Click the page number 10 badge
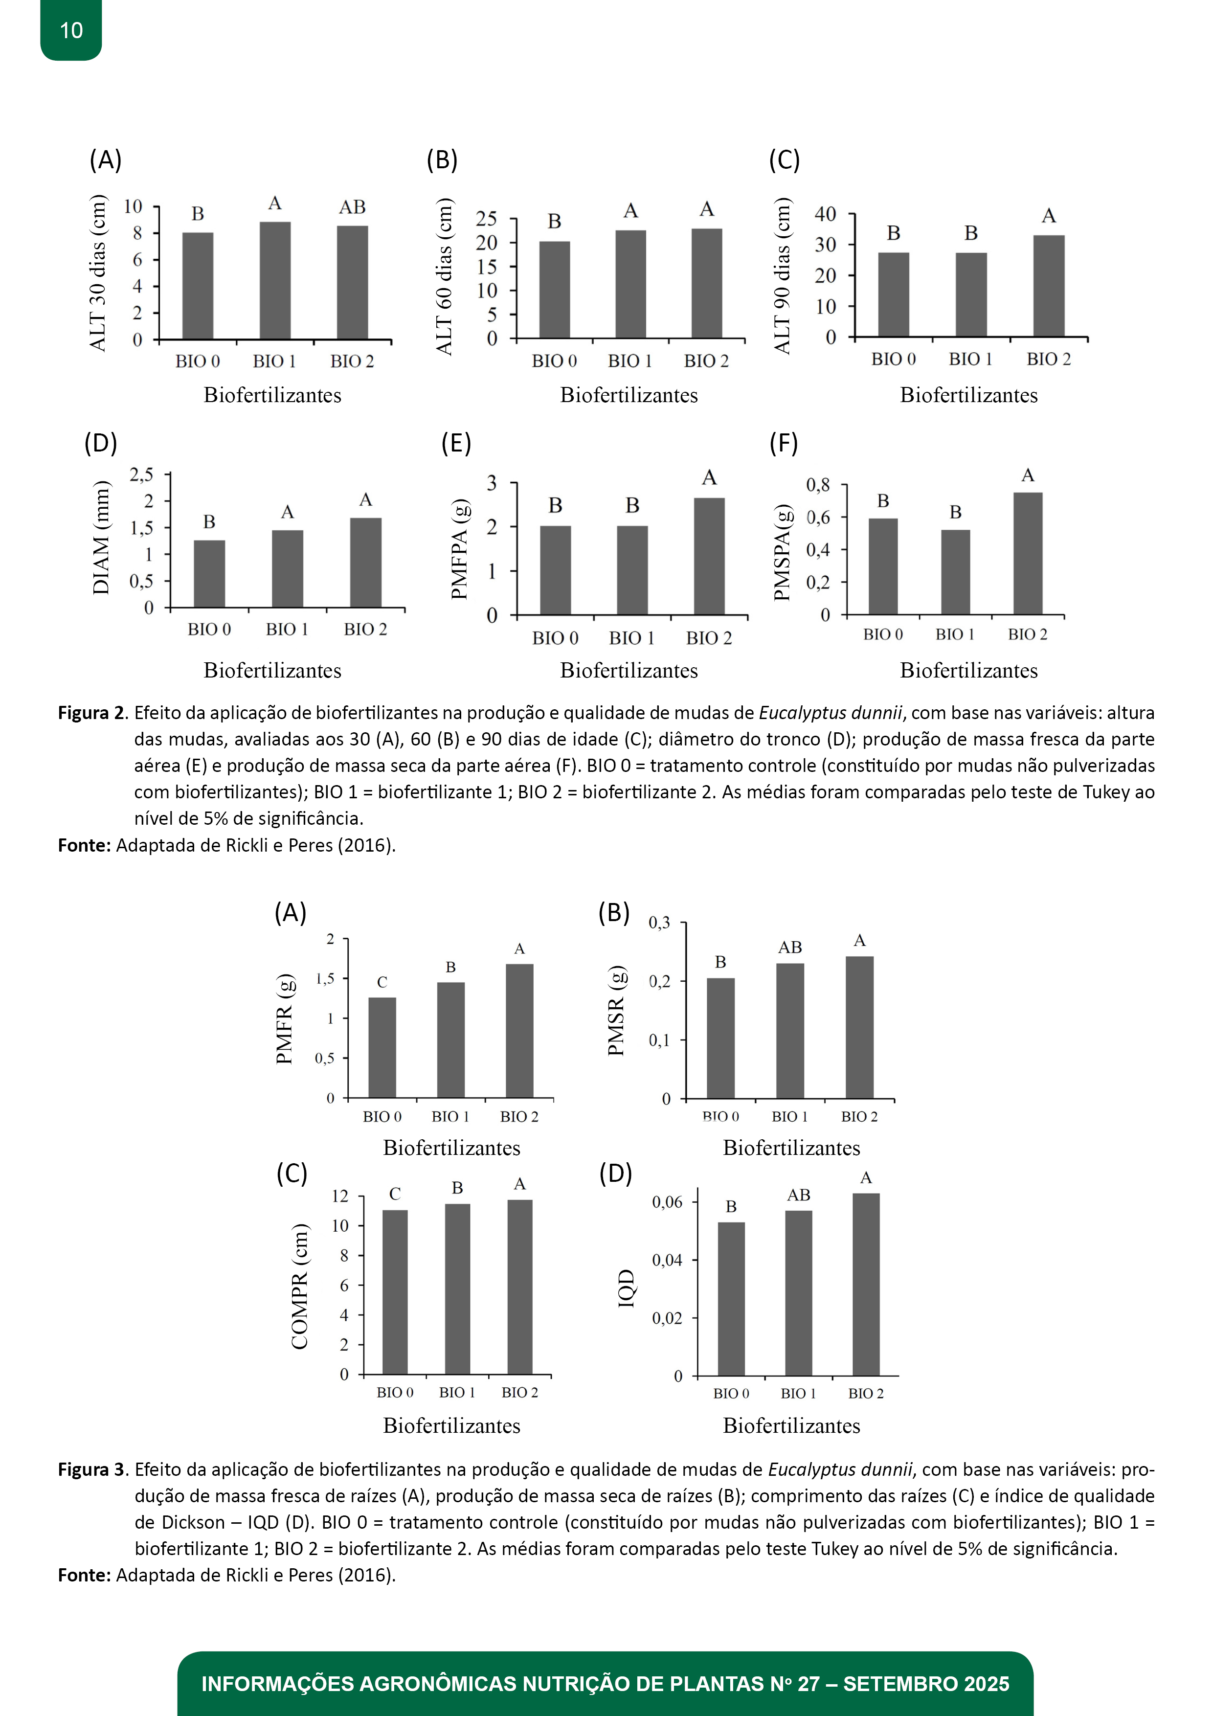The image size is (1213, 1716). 71,31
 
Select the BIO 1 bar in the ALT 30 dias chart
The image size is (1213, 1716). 275,280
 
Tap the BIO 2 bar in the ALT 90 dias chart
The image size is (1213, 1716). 1049,286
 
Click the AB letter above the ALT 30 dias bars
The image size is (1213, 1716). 352,207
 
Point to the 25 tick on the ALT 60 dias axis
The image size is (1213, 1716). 487,219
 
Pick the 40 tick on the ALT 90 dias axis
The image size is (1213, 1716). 825,214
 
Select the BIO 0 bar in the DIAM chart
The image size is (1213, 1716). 209,573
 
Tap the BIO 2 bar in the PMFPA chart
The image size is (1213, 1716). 709,556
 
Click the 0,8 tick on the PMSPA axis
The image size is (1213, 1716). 818,485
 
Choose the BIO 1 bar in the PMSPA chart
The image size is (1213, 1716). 955,572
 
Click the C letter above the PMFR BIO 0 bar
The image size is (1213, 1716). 382,982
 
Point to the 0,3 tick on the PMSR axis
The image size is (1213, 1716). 659,923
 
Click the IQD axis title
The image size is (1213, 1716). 626,1288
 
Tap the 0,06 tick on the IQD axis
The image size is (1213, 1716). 667,1202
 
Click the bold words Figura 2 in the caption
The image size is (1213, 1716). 92,713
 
